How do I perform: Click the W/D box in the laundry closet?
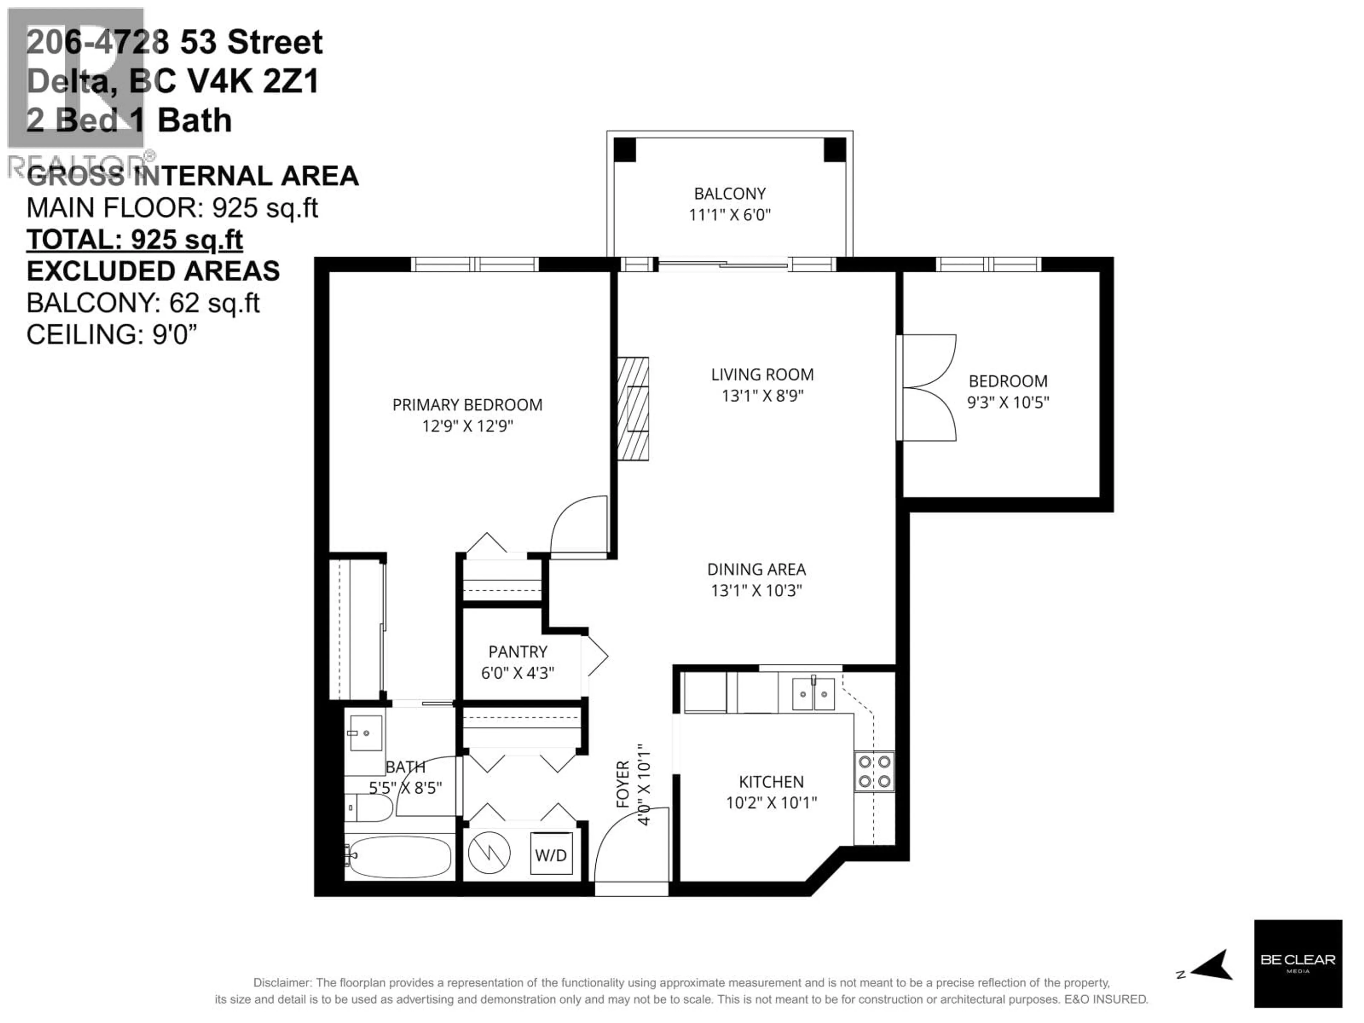coord(551,855)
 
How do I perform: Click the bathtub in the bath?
coord(398,856)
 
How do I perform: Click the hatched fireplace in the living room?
coord(633,408)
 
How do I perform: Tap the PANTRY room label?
coord(517,652)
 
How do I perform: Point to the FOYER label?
coord(623,784)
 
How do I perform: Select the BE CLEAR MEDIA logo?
coord(1298,963)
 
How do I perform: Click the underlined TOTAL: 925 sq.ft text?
coord(134,240)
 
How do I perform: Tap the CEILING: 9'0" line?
coord(112,335)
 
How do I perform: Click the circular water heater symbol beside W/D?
coord(489,854)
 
